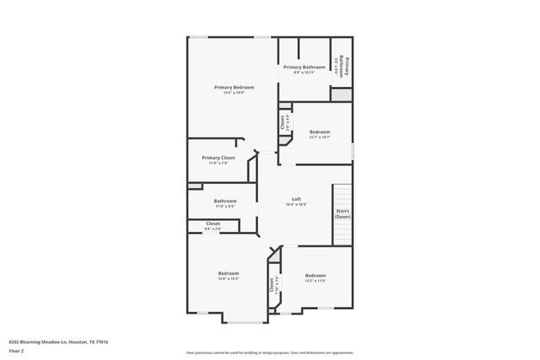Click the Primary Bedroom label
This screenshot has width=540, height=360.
pyautogui.click(x=234, y=87)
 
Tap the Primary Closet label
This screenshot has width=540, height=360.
pyautogui.click(x=218, y=158)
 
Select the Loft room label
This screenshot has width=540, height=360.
pyautogui.click(x=296, y=199)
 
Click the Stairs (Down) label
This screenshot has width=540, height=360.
pyautogui.click(x=343, y=213)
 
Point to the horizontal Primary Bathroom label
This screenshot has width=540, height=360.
pyautogui.click(x=304, y=67)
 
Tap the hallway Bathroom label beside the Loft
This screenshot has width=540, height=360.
pyautogui.click(x=225, y=201)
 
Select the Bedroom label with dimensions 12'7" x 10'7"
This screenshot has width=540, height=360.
pyautogui.click(x=319, y=132)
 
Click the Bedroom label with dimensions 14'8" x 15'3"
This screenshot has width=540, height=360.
pyautogui.click(x=229, y=273)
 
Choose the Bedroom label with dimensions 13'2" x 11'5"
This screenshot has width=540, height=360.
pyautogui.click(x=315, y=276)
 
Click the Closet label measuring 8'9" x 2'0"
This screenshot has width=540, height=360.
pyautogui.click(x=213, y=223)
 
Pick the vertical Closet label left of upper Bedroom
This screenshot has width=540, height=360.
pyautogui.click(x=282, y=121)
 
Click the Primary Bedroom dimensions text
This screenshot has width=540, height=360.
pyautogui.click(x=234, y=93)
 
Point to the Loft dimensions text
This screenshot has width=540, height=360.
pyautogui.click(x=296, y=205)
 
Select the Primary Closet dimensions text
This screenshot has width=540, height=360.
pyautogui.click(x=218, y=164)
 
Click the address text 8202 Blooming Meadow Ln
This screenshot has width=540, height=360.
pyautogui.click(x=58, y=341)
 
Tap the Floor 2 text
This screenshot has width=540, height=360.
pyautogui.click(x=16, y=350)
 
